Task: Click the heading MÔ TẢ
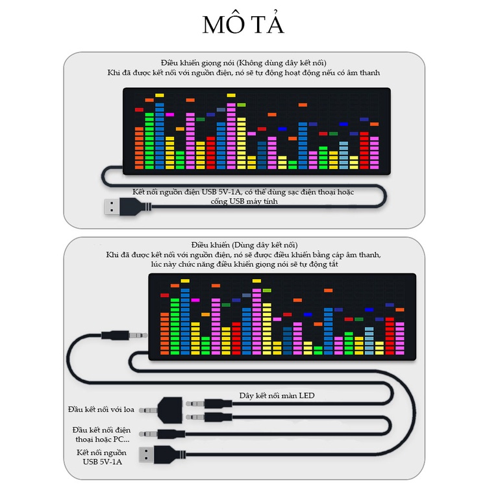pyautogui.click(x=243, y=24)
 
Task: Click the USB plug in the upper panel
pyautogui.click(x=128, y=207)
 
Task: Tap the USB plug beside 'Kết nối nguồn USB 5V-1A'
pyautogui.click(x=162, y=455)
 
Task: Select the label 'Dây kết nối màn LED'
pyautogui.click(x=277, y=395)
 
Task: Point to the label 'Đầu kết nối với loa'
pyautogui.click(x=101, y=410)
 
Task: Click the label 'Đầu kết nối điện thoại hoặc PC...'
pyautogui.click(x=101, y=434)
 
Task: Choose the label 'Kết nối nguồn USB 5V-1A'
pyautogui.click(x=101, y=457)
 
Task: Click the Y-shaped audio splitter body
pyautogui.click(x=170, y=410)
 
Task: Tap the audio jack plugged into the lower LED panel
pyautogui.click(x=124, y=336)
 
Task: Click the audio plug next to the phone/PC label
pyautogui.click(x=162, y=434)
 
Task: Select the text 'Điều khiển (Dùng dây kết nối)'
pyautogui.click(x=244, y=245)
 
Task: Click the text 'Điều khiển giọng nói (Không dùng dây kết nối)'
pyautogui.click(x=243, y=63)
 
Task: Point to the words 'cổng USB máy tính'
pyautogui.click(x=244, y=201)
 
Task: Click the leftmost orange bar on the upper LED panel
pyautogui.click(x=139, y=148)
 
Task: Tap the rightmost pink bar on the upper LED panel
pyautogui.click(x=374, y=153)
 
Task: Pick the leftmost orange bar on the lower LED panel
pyautogui.click(x=165, y=334)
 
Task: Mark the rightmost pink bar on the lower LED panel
pyautogui.click(x=400, y=338)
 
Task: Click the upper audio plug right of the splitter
pyautogui.click(x=209, y=404)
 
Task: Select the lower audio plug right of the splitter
pyautogui.click(x=209, y=417)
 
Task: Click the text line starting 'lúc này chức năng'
pyautogui.click(x=244, y=264)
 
